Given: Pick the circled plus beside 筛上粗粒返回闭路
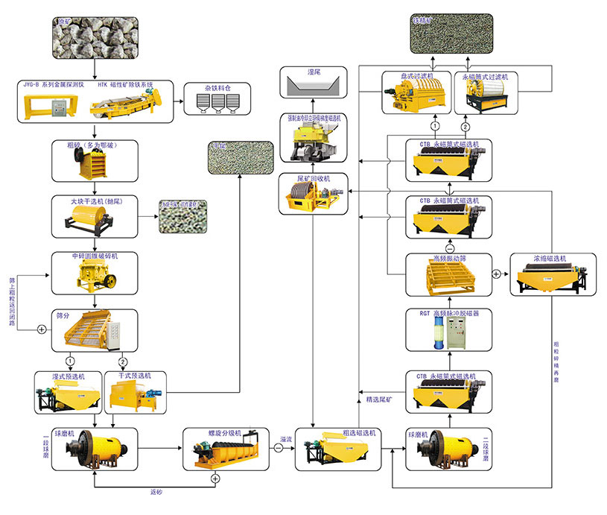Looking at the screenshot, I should (31, 328).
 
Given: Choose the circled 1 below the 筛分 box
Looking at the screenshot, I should (70, 361).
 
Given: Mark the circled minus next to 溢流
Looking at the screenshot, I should (278, 448).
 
